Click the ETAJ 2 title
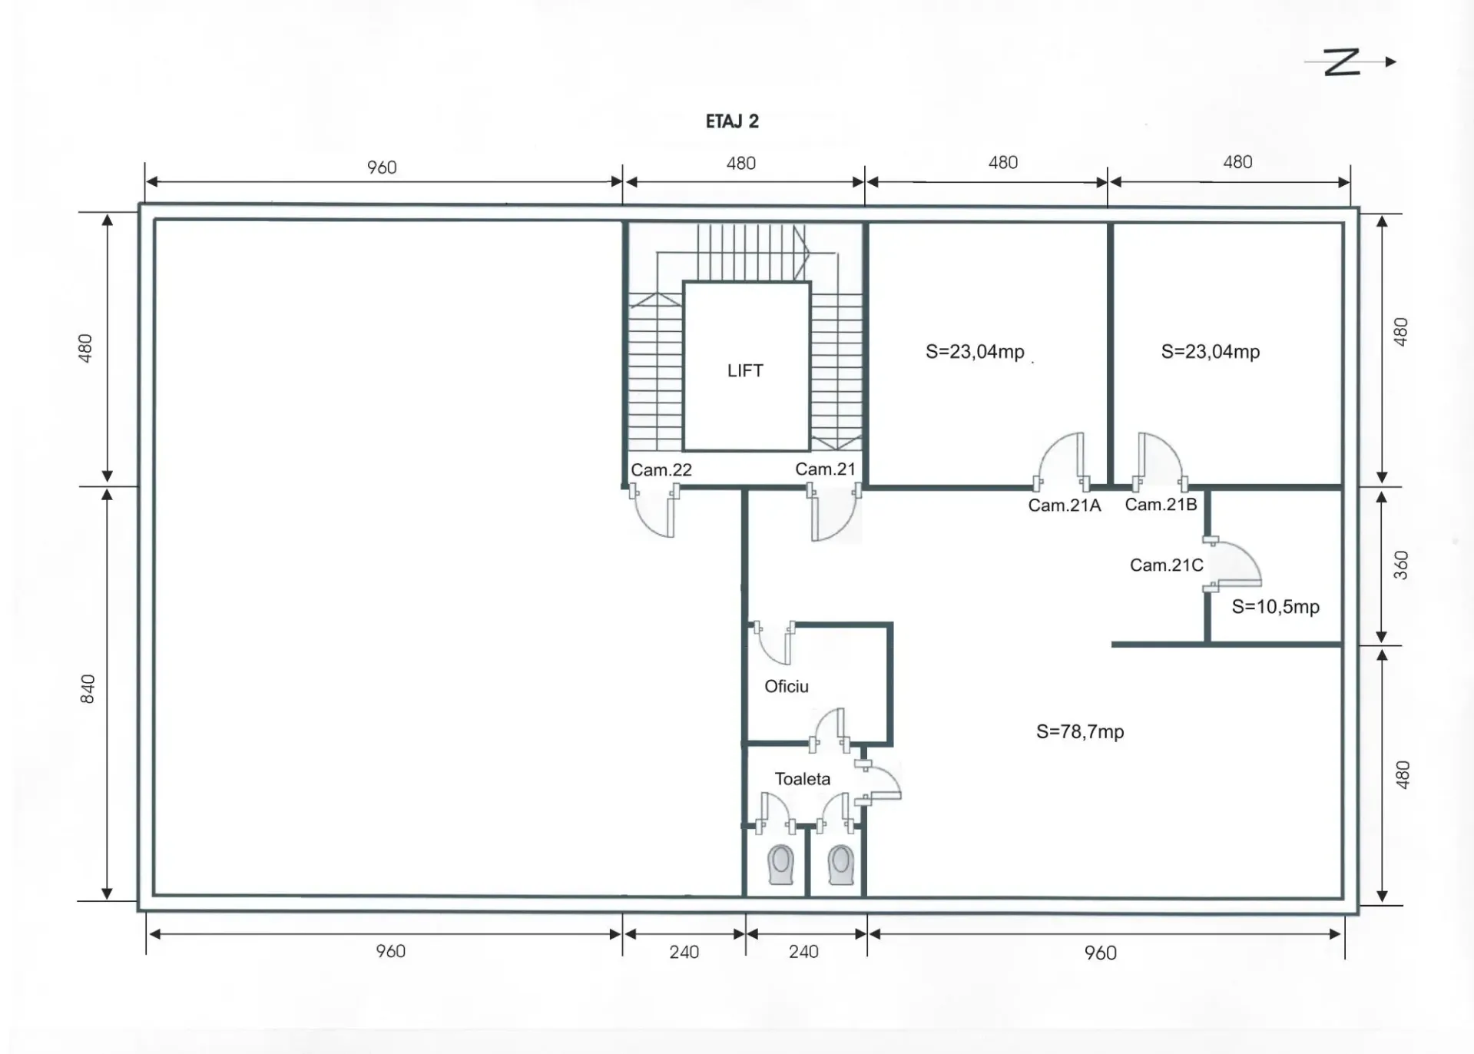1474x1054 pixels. coord(732,121)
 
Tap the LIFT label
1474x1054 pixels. coord(745,370)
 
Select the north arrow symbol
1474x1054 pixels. coord(1350,61)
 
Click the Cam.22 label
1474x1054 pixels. coord(661,469)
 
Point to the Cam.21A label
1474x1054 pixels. coord(1065,505)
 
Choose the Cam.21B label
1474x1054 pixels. coord(1161,504)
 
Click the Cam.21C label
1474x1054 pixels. coord(1166,565)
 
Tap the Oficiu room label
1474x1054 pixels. coord(786,686)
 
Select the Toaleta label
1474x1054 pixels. coord(802,779)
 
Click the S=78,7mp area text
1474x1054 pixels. coord(1080,731)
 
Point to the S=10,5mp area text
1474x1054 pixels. coord(1275,606)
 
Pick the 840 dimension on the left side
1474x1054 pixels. coord(88,688)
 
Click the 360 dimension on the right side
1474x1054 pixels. coord(1401,565)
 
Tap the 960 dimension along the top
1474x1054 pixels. coord(382,167)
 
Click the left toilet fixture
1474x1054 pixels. coord(780,865)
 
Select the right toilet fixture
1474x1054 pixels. coord(840,865)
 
